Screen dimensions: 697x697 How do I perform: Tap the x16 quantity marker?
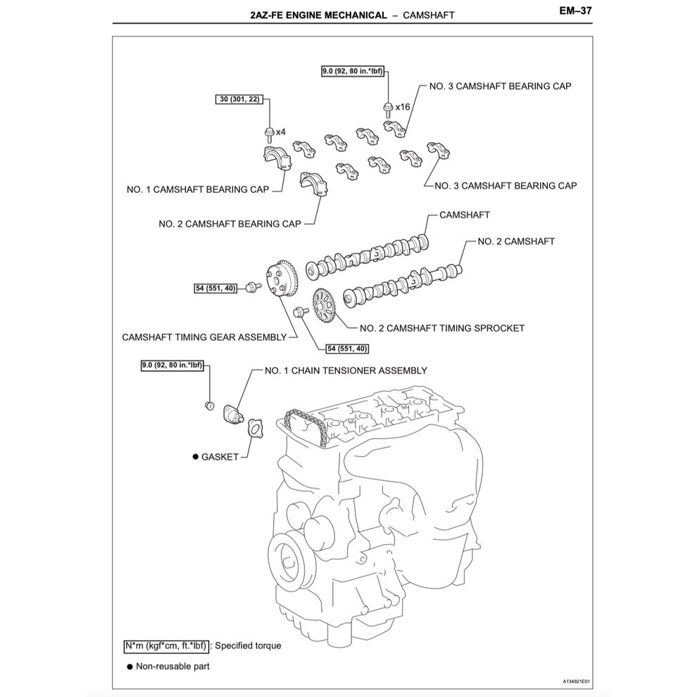point(403,106)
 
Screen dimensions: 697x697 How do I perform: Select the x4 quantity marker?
point(280,132)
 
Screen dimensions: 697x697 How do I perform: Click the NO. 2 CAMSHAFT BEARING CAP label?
point(230,224)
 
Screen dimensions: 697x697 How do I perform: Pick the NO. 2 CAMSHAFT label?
point(516,241)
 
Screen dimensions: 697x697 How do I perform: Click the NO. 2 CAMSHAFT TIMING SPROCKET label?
point(441,328)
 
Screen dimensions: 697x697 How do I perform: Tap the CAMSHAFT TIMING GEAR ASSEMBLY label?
point(204,337)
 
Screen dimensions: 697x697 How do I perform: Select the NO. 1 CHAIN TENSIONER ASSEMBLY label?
point(346,370)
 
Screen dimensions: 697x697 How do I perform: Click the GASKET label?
point(220,457)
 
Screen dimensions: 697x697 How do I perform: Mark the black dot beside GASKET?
point(196,457)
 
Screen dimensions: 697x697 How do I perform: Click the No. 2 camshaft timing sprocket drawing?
point(324,306)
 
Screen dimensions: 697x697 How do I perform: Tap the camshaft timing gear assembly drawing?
point(282,282)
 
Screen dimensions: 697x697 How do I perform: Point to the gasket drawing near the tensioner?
point(253,428)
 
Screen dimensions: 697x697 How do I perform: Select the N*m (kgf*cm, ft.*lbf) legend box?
point(165,646)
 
